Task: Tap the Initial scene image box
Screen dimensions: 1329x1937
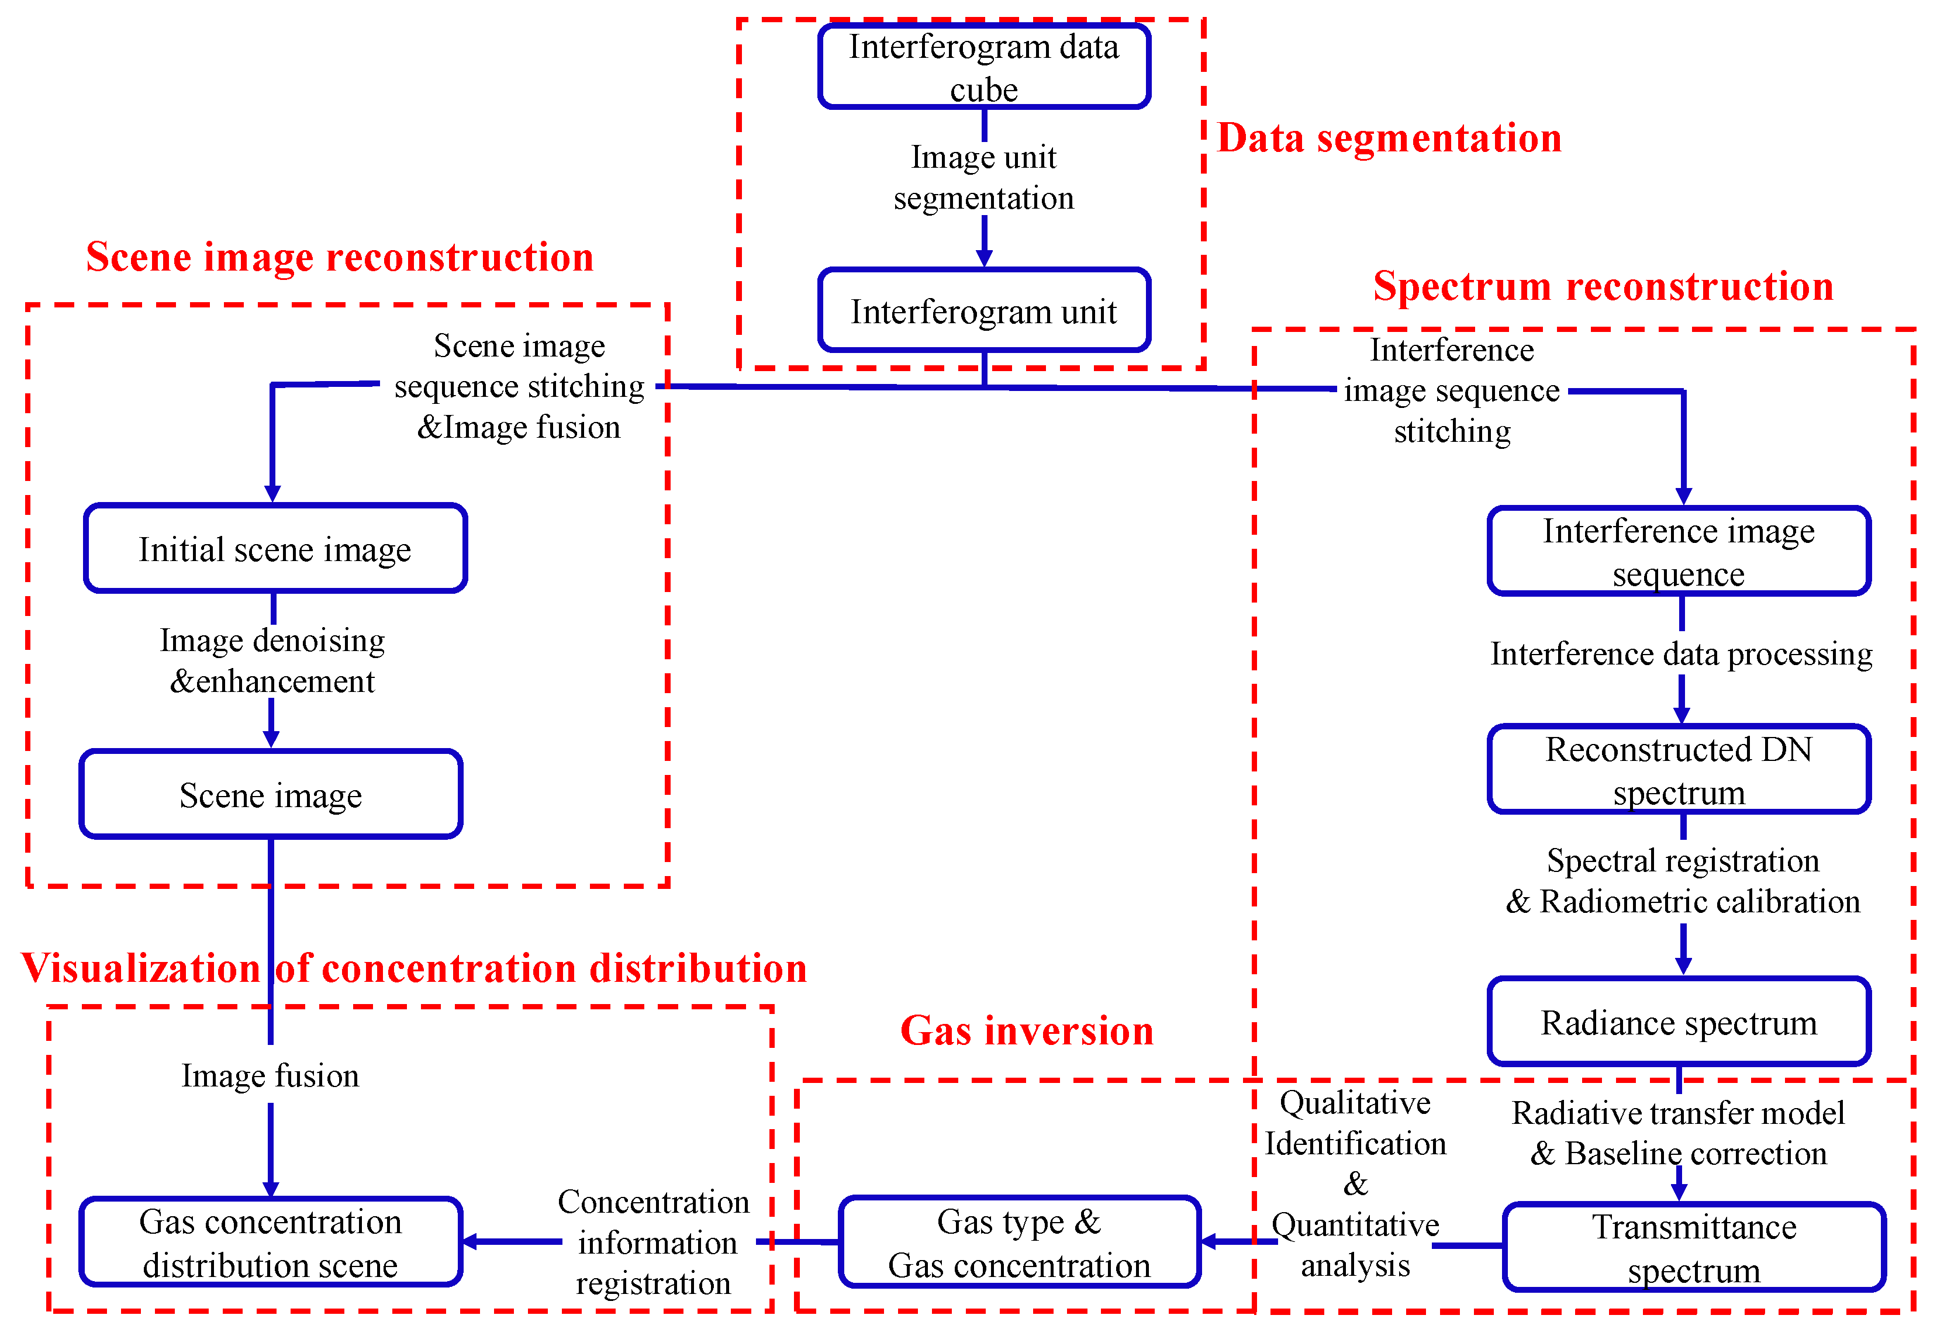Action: [x=275, y=548]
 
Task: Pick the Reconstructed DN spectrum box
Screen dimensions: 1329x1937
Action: [x=1679, y=769]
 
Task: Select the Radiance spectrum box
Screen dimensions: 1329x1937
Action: [x=1679, y=1022]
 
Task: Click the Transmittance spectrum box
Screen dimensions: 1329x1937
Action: [x=1694, y=1247]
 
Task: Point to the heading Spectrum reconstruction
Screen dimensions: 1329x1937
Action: [x=1603, y=286]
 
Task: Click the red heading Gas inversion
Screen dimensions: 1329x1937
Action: [x=1027, y=1031]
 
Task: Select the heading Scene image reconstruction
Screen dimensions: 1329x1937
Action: [x=340, y=257]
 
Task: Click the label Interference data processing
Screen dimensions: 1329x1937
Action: [x=1681, y=654]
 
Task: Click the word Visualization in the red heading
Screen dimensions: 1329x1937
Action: [x=140, y=968]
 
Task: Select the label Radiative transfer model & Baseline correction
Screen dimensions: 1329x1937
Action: [x=1678, y=1133]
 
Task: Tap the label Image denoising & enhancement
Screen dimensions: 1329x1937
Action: [x=272, y=661]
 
